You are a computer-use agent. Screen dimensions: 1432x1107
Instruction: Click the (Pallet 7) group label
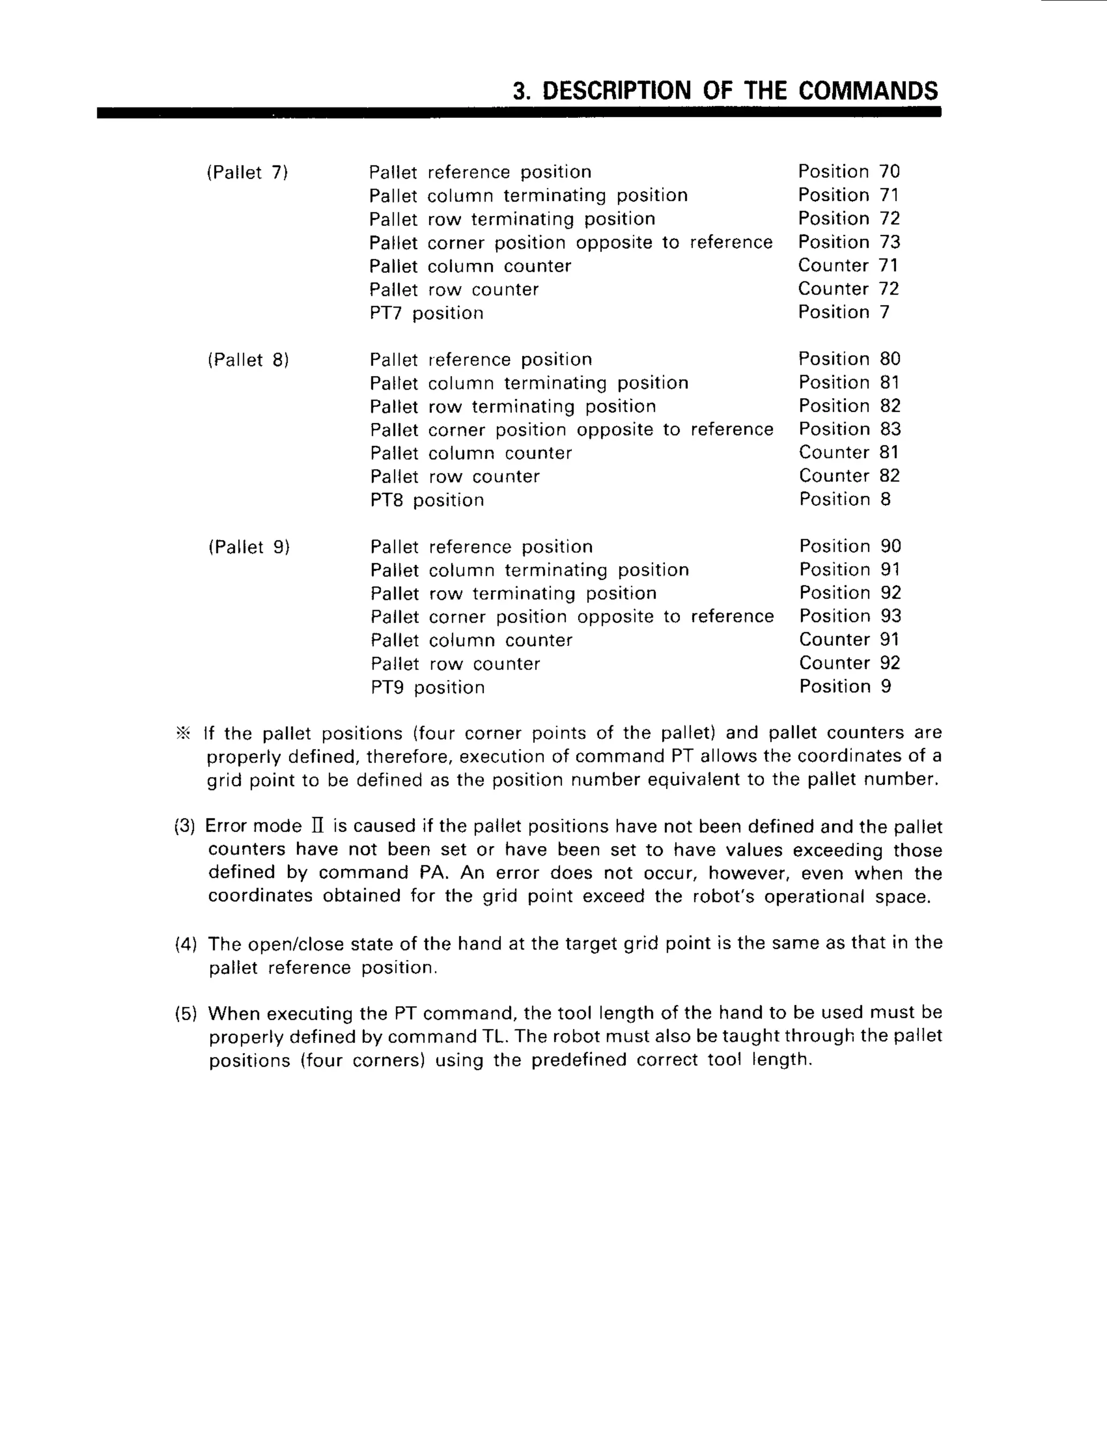pyautogui.click(x=247, y=172)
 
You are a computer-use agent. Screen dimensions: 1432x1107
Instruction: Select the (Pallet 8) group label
pyautogui.click(x=248, y=360)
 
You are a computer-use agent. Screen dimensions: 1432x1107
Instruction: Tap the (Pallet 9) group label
pyautogui.click(x=249, y=547)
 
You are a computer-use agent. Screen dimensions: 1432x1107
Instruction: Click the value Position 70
pyautogui.click(x=849, y=172)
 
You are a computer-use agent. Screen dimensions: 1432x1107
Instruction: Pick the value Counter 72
pyautogui.click(x=848, y=289)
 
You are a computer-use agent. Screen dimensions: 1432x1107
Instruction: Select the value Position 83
pyautogui.click(x=849, y=430)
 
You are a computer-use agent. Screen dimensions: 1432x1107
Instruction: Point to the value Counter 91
pyautogui.click(x=849, y=640)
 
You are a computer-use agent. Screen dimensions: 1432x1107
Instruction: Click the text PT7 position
pyautogui.click(x=426, y=313)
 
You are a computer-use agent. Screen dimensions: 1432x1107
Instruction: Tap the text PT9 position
pyautogui.click(x=428, y=688)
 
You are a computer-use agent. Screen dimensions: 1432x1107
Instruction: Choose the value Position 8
pyautogui.click(x=845, y=500)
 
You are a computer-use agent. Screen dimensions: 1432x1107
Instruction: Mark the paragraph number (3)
pyautogui.click(x=185, y=826)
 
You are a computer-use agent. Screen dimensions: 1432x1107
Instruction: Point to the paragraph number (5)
pyautogui.click(x=185, y=1014)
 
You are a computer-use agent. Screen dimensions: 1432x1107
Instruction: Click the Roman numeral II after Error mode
pyautogui.click(x=317, y=826)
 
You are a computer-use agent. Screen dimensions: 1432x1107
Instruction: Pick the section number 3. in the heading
pyautogui.click(x=522, y=91)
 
